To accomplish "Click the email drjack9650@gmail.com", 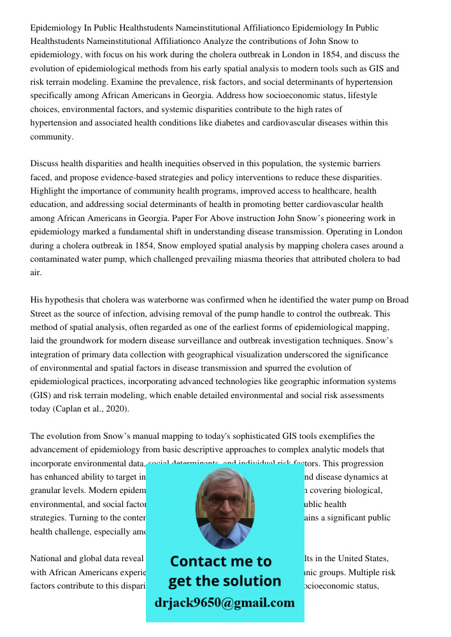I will [224, 603].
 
